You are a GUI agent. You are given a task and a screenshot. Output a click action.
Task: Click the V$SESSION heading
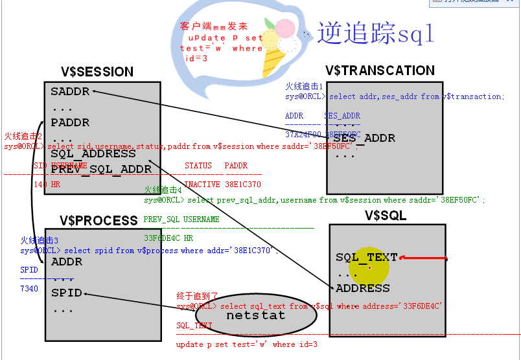tap(97, 72)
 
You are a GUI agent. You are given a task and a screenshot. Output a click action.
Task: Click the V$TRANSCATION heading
tap(380, 71)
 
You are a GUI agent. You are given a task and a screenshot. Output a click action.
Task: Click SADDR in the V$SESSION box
tap(70, 92)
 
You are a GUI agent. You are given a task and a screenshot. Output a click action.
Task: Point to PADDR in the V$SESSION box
tap(70, 123)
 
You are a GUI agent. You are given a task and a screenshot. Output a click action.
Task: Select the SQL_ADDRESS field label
tap(93, 154)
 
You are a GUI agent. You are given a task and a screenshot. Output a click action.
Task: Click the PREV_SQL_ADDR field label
tap(101, 170)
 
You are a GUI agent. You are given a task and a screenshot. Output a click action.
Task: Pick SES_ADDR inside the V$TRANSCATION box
tap(364, 139)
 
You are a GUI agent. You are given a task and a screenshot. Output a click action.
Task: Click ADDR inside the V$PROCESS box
tap(67, 262)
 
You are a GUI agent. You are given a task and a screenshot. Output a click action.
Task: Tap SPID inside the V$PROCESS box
tap(67, 293)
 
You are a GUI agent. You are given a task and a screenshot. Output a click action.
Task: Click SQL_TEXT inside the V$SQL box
tap(367, 258)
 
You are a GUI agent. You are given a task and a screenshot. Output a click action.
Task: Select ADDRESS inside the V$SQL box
tap(363, 289)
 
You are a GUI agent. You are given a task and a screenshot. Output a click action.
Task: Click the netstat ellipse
tap(255, 316)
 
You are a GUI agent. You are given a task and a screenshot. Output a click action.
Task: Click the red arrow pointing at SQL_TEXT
tap(424, 258)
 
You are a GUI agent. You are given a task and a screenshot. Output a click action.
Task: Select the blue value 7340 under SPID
tap(30, 288)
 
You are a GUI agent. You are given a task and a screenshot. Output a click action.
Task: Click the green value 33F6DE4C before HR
tap(160, 238)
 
